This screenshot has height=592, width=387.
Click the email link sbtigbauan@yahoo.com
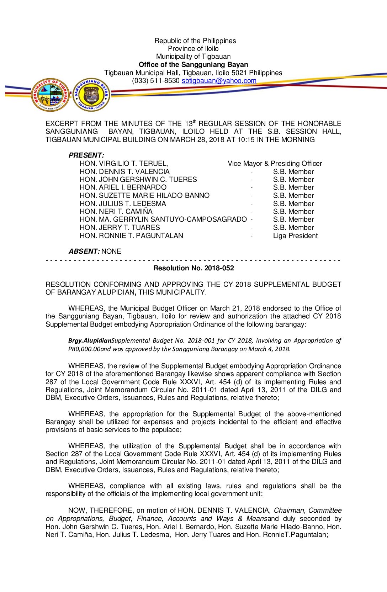coord(219,81)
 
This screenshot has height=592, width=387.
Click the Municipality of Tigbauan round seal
coord(50,95)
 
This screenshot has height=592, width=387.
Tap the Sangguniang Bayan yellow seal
coord(91,95)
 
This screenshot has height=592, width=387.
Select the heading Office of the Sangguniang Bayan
coord(193,65)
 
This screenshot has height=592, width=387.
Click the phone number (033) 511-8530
coord(155,81)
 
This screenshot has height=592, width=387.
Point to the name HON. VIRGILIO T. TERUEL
coord(124,164)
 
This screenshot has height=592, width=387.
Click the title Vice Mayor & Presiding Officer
coord(275,164)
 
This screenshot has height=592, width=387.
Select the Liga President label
coord(295,236)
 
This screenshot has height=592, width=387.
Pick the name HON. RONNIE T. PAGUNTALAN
coord(131,236)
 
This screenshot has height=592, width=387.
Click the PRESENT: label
coord(86,155)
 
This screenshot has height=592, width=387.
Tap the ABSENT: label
coord(84,252)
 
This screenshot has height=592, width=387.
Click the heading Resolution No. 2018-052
coord(193,268)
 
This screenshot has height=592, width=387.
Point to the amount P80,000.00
coord(84,349)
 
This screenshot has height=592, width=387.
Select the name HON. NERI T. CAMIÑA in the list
coord(116,212)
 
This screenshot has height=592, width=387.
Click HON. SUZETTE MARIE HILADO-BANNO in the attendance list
coord(144,196)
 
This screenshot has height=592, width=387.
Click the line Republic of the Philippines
coord(195,41)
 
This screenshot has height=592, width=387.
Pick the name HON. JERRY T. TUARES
coord(120,228)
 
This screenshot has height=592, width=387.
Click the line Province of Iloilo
coord(193,49)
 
